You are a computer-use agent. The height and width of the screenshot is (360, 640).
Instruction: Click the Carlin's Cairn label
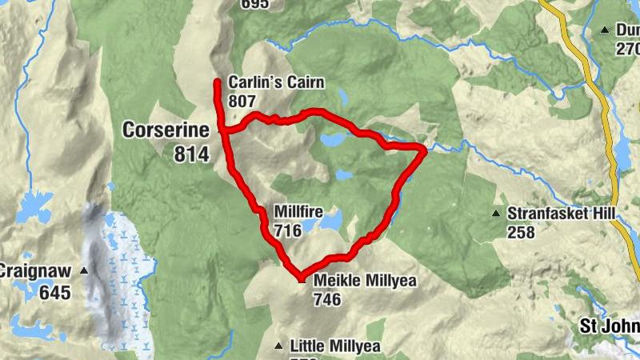pos(266,82)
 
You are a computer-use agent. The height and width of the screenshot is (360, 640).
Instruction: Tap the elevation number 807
pos(242,102)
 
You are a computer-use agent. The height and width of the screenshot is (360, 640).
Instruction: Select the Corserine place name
pos(166,130)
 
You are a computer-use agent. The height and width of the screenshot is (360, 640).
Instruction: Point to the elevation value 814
pos(191,154)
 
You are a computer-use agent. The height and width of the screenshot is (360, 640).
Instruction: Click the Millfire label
pos(298,212)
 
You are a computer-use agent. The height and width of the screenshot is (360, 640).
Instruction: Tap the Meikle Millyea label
pos(366,281)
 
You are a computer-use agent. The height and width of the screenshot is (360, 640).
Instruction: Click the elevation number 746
pos(328,300)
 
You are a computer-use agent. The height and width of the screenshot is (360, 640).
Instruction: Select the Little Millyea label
pos(334,346)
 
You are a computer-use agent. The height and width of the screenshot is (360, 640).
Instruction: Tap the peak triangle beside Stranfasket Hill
pos(497,214)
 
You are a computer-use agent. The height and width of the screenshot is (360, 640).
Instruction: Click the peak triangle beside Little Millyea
pos(278,346)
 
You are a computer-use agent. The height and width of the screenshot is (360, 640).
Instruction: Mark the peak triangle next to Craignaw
pos(83,271)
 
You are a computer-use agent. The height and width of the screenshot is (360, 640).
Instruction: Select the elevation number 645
pos(54,293)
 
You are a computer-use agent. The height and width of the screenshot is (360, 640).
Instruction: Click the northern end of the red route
pos(217,81)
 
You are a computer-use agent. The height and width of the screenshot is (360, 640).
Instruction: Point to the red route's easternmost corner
pos(423,149)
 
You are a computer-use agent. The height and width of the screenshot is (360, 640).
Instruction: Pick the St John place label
pos(609,326)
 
